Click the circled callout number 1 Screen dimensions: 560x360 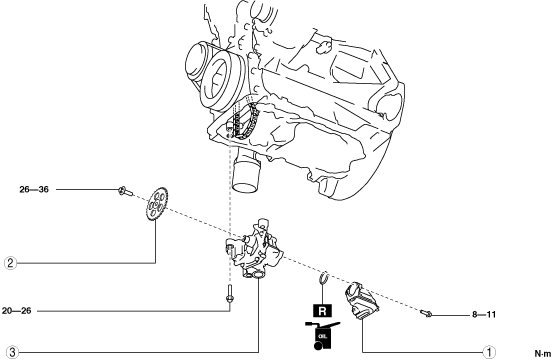(489, 352)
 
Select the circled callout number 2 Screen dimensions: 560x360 (10, 263)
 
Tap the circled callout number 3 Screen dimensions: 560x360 (12, 352)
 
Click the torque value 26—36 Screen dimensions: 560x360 (34, 189)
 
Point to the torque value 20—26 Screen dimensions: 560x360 (16, 311)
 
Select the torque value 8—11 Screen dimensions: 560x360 (484, 314)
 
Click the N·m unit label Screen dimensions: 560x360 (543, 354)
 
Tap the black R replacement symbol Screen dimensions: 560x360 (322, 311)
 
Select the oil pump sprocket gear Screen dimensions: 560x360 (157, 204)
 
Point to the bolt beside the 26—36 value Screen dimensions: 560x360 (125, 191)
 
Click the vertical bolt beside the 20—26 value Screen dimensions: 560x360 (230, 294)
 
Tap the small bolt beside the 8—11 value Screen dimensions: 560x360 (426, 314)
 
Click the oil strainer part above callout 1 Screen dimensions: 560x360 (361, 300)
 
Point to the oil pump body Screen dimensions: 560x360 (254, 250)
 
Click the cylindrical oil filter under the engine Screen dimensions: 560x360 (246, 175)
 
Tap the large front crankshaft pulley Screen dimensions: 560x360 (221, 79)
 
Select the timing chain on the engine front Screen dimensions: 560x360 (245, 120)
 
